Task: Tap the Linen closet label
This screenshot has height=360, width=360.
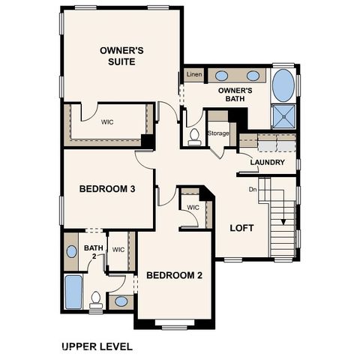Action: click(193, 75)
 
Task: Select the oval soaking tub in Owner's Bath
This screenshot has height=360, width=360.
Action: click(283, 85)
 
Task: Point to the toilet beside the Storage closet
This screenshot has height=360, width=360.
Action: click(193, 136)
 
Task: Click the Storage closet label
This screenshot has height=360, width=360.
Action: click(219, 133)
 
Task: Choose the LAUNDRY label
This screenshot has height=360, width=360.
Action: click(267, 162)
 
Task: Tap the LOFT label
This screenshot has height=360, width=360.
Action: click(242, 228)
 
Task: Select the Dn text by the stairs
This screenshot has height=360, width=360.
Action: click(253, 189)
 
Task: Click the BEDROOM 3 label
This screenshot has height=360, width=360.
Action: click(107, 189)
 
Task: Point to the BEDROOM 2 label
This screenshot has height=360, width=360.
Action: click(175, 275)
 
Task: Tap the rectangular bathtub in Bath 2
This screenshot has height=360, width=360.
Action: click(73, 292)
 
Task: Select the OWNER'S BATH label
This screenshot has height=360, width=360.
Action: click(235, 94)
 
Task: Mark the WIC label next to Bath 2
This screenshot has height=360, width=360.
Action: click(118, 250)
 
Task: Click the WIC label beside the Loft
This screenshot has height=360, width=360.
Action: click(193, 207)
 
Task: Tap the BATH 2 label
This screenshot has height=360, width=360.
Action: click(92, 251)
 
